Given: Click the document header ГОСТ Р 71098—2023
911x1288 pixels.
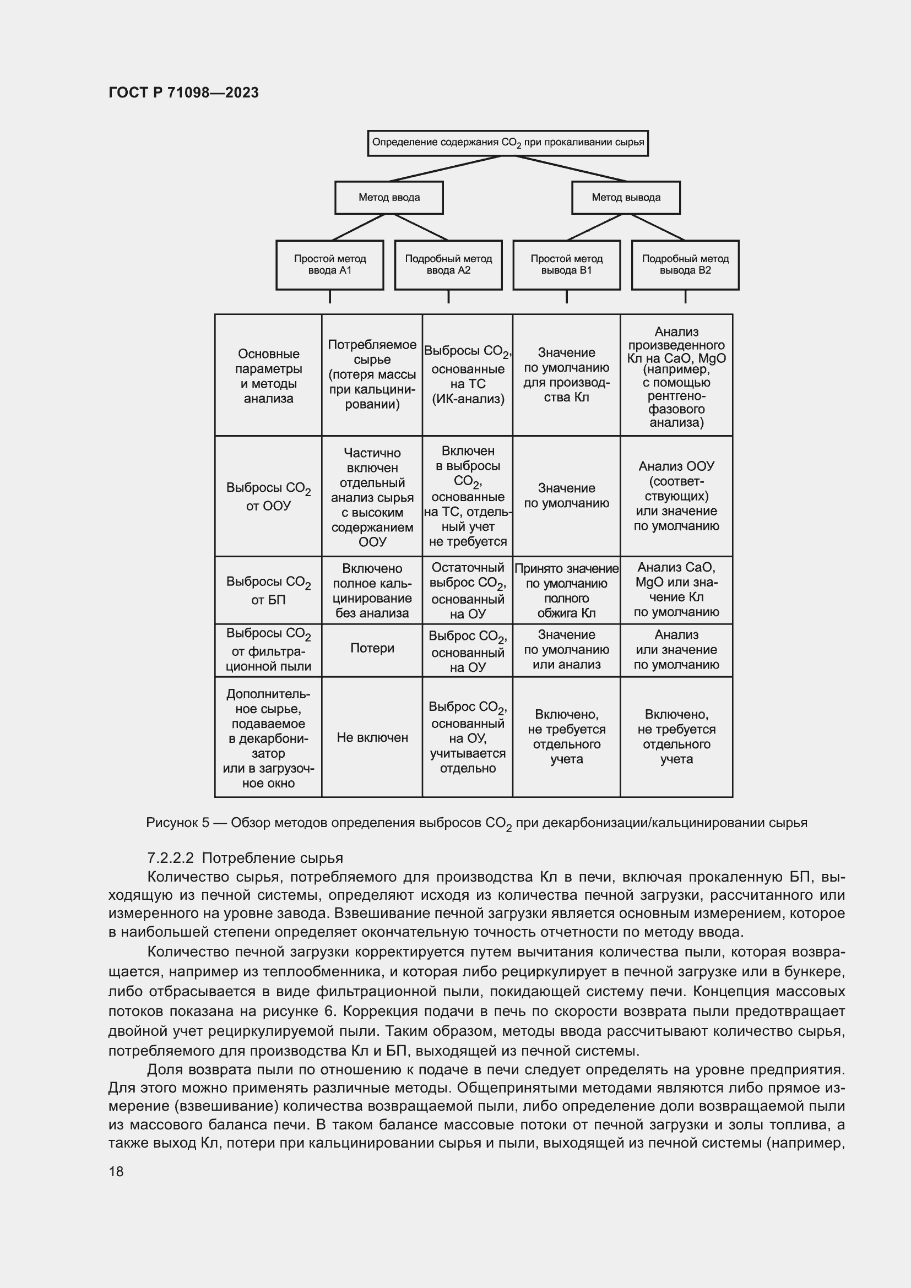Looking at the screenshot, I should click(183, 93).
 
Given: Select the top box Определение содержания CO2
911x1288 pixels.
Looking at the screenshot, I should click(508, 143).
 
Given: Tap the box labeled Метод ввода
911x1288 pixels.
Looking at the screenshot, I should click(389, 198).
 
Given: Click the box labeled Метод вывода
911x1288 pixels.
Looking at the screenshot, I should click(626, 198).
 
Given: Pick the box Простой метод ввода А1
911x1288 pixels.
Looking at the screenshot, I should click(330, 265).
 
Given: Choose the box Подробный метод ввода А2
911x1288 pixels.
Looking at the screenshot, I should click(448, 265).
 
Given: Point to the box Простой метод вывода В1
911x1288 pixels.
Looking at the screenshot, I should click(567, 265).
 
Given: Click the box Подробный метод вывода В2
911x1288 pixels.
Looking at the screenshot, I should click(685, 265).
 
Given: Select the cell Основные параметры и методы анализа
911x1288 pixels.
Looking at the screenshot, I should click(268, 376).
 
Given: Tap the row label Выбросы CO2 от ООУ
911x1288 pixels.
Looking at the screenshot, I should click(268, 497).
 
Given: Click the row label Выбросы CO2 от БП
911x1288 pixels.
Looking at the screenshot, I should click(268, 590).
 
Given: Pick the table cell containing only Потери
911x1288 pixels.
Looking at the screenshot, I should click(372, 649).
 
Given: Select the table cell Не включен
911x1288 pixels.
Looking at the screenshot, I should click(372, 738).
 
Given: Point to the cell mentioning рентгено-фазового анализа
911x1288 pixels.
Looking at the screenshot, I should click(676, 376).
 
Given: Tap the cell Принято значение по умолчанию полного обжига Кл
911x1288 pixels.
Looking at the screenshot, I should click(566, 590).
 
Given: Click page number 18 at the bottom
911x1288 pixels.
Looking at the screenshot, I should click(116, 1171).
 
